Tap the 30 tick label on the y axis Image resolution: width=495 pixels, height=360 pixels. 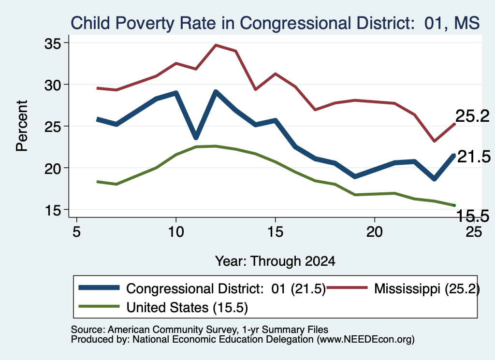click(x=52, y=85)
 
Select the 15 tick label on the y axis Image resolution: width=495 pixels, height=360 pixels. click(x=52, y=210)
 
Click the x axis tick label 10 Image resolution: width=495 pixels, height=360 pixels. click(x=176, y=232)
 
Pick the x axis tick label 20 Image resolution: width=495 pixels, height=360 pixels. click(x=375, y=232)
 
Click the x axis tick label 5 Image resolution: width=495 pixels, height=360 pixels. click(x=76, y=232)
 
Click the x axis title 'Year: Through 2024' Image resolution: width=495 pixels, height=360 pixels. click(x=275, y=261)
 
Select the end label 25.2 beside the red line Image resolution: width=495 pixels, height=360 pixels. click(x=472, y=116)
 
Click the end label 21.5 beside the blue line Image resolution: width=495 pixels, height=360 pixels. click(x=474, y=157)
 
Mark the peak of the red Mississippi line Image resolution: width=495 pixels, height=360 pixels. click(x=216, y=45)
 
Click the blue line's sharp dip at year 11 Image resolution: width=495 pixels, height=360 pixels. click(x=196, y=137)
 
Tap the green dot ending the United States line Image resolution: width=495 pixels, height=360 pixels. click(x=454, y=205)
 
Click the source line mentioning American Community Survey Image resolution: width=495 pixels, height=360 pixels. click(x=200, y=330)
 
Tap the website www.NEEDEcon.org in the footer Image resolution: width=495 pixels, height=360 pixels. click(x=365, y=340)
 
